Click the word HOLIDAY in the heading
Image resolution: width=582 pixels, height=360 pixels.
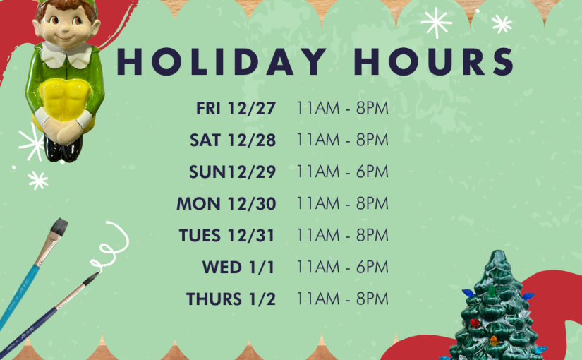tap(222, 61)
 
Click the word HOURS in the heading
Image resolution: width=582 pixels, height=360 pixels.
tap(434, 61)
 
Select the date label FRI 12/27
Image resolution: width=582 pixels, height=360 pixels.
tap(236, 109)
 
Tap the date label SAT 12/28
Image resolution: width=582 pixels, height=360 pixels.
tap(233, 140)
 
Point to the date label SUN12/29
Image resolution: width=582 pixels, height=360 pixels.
tap(232, 172)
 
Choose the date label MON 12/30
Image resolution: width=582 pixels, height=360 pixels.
tap(226, 203)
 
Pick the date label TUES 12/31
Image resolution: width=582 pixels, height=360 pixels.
tap(226, 236)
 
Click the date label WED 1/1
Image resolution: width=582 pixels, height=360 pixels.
tap(238, 267)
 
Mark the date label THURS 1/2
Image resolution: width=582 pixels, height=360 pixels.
tap(231, 299)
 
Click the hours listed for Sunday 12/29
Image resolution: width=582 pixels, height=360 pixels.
tap(343, 172)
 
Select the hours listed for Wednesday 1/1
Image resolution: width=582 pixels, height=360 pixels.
tap(343, 267)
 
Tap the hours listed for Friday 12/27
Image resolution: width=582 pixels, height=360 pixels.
tap(343, 108)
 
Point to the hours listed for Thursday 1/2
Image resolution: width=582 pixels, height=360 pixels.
tap(343, 299)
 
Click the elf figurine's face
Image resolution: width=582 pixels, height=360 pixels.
tap(66, 26)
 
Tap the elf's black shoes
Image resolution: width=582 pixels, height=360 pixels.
tap(62, 149)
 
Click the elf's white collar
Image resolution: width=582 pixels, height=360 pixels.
tap(66, 54)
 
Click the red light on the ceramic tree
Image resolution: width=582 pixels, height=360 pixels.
tap(474, 323)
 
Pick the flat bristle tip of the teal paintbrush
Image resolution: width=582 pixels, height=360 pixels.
tap(59, 227)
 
